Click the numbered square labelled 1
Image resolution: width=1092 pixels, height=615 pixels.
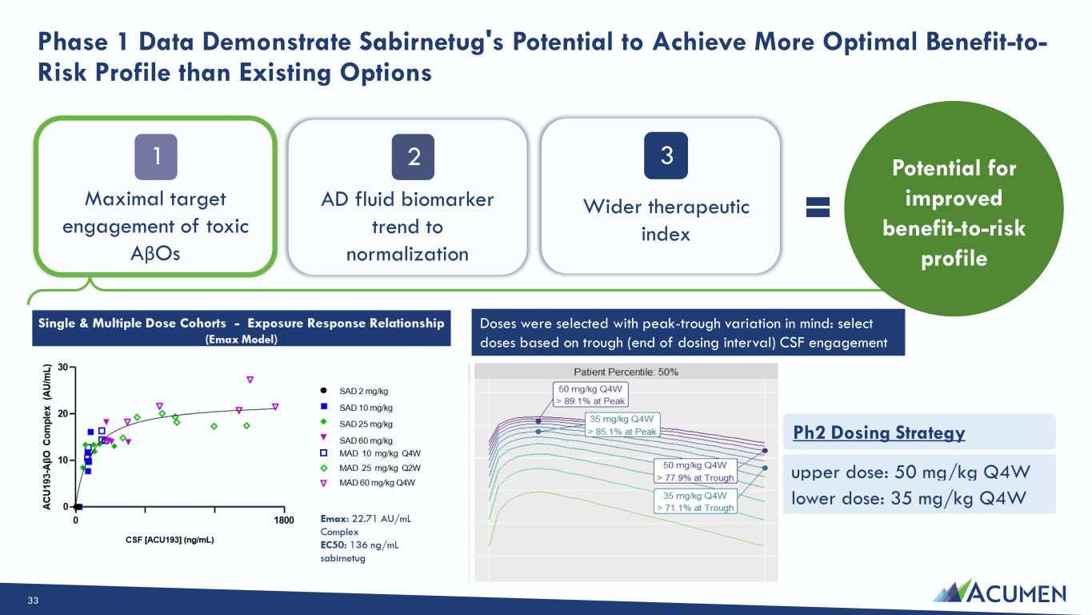[156, 157]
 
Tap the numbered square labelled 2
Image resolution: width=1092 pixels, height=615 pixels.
[413, 157]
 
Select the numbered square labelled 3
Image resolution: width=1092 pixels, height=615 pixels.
[666, 155]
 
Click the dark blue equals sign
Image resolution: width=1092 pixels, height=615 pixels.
[818, 207]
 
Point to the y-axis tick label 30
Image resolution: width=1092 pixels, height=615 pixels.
[63, 367]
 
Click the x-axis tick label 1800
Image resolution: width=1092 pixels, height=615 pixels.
[284, 521]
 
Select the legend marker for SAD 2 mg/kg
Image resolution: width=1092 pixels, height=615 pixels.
[323, 391]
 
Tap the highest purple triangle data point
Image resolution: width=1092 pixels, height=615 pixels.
[250, 380]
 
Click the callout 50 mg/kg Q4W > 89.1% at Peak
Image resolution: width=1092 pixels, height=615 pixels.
[590, 395]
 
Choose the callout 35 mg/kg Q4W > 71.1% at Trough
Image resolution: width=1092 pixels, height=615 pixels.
[695, 502]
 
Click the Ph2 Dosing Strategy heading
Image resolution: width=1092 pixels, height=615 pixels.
[879, 432]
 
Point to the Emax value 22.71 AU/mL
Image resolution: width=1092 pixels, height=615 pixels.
[382, 519]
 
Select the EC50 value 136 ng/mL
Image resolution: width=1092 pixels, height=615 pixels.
[374, 545]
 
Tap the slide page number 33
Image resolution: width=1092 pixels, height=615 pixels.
[33, 601]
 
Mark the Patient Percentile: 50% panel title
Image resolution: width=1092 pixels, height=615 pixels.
[626, 372]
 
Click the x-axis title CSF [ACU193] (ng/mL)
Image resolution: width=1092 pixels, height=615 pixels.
[170, 540]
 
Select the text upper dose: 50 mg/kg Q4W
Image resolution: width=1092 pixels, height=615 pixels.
[910, 472]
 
